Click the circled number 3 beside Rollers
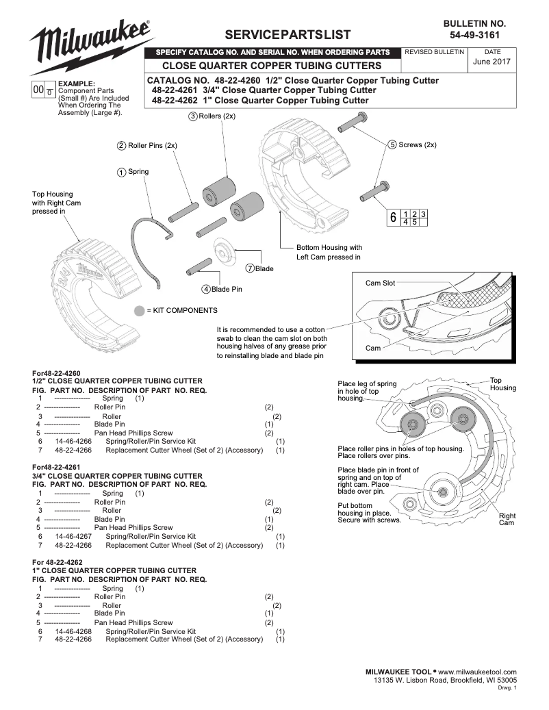(x=193, y=116)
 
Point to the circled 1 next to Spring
(x=121, y=172)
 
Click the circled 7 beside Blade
(x=251, y=268)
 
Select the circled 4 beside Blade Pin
(x=205, y=289)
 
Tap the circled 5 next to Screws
(x=392, y=144)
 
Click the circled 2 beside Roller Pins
(x=121, y=145)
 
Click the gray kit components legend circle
(x=139, y=311)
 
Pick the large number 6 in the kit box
(x=393, y=218)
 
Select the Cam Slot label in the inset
(x=380, y=283)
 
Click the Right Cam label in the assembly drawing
(x=507, y=519)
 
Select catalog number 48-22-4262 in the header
(x=175, y=100)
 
